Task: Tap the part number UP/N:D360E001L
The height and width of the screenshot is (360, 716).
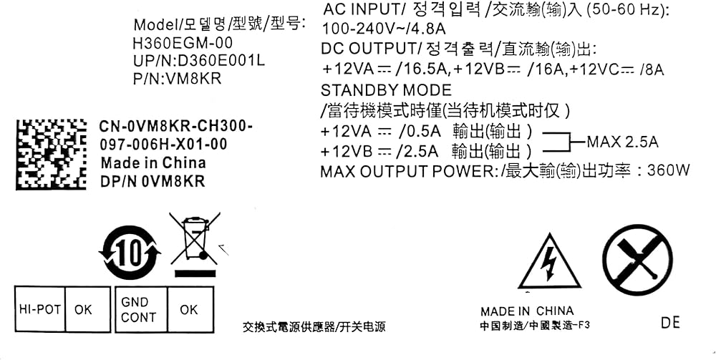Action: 199,61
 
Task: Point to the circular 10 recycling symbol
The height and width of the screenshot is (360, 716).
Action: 130,252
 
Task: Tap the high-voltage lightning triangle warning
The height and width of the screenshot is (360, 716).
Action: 549,263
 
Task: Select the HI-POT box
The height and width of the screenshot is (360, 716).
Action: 39,310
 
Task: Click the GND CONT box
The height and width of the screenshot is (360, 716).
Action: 138,310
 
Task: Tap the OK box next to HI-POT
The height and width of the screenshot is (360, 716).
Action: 84,310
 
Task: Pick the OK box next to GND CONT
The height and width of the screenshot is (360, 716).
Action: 189,310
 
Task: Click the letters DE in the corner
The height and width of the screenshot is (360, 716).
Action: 670,323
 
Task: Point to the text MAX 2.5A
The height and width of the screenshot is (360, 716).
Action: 622,142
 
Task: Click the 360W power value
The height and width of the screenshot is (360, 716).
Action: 668,171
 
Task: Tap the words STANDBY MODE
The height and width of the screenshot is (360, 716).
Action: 386,90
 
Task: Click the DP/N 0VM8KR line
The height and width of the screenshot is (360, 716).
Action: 152,182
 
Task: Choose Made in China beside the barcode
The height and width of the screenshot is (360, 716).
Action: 153,163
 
